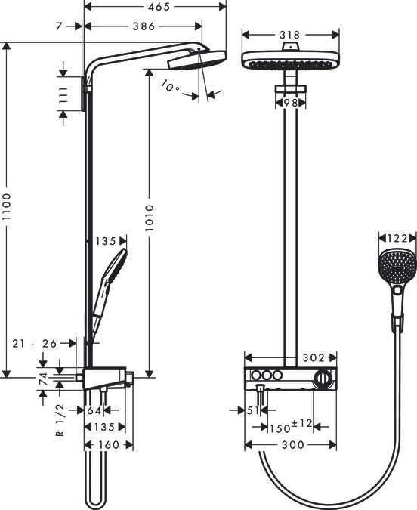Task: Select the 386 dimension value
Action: pyautogui.click(x=143, y=26)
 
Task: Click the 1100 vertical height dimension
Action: pyautogui.click(x=8, y=209)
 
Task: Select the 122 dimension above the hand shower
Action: pyautogui.click(x=396, y=239)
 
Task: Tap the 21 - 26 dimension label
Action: pyautogui.click(x=35, y=344)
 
